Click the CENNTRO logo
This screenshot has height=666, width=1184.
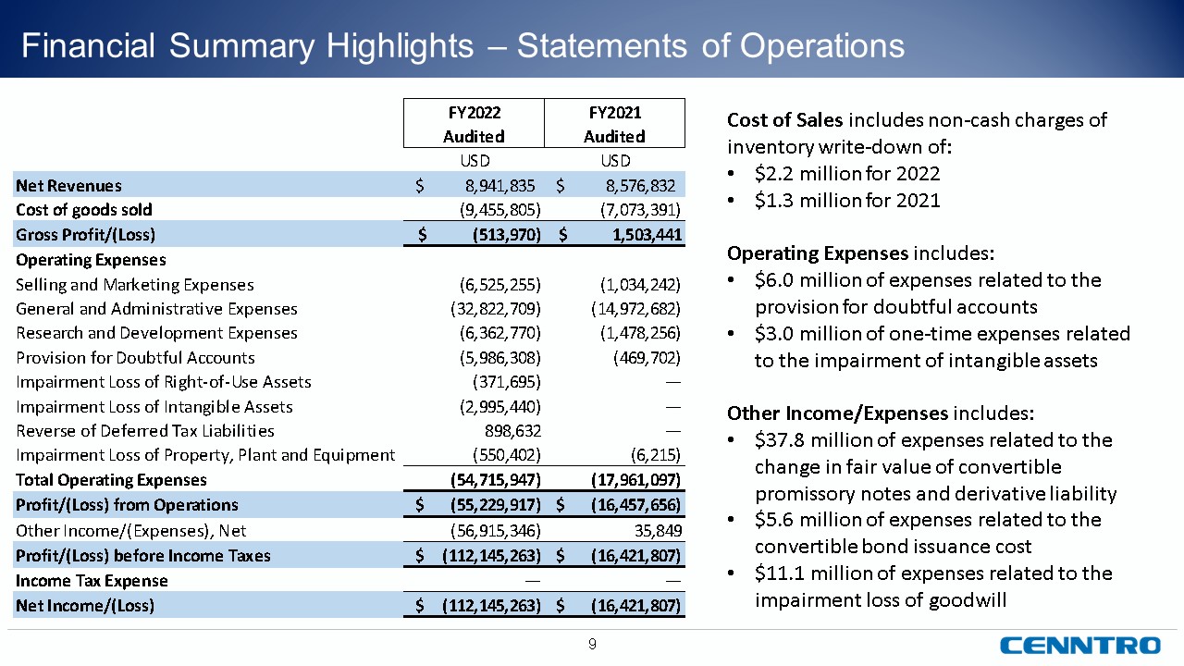[1079, 645]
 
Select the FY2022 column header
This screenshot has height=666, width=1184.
[474, 123]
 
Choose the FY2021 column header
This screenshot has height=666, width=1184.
[614, 123]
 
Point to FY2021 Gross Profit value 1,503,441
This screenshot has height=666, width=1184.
[637, 234]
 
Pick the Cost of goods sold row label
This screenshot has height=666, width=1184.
[84, 210]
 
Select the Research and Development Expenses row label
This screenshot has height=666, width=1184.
[157, 332]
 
